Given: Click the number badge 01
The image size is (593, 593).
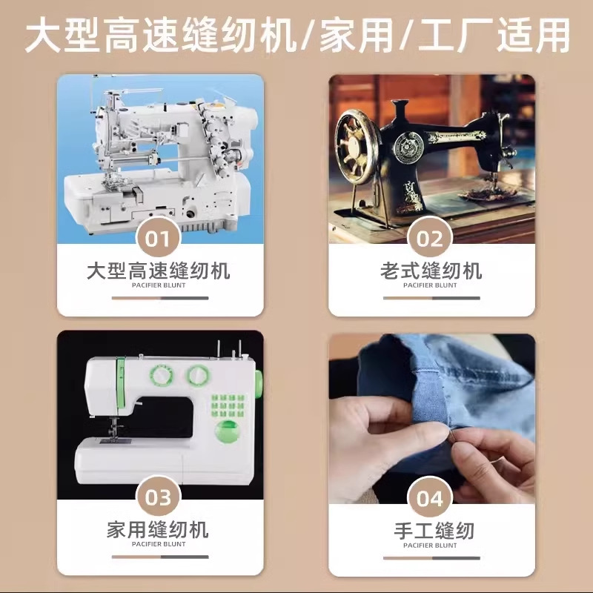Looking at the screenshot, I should click(159, 239).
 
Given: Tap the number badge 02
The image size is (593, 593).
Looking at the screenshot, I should click(430, 239).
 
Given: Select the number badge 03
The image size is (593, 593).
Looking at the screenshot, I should click(159, 498).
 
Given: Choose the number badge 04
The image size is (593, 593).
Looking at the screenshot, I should click(430, 498).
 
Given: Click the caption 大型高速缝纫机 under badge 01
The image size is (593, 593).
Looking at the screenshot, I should click(159, 270).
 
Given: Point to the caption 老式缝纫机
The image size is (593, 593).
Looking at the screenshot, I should click(431, 270).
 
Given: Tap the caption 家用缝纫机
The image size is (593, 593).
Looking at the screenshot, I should click(159, 529).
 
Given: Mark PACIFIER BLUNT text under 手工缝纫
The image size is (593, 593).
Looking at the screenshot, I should click(431, 545).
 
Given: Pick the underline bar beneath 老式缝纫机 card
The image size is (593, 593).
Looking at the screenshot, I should click(431, 298).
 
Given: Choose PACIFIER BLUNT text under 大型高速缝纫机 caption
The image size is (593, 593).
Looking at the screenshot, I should click(159, 285).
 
